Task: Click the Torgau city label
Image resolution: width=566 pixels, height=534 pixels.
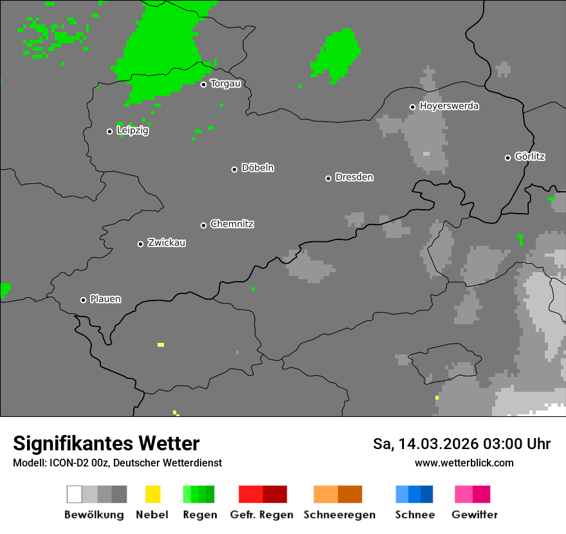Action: coord(225,84)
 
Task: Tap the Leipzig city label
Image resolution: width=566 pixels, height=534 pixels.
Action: coord(132,131)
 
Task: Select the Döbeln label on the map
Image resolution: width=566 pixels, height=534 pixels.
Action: coord(257,168)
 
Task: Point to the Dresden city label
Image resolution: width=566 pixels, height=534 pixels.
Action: coord(354,177)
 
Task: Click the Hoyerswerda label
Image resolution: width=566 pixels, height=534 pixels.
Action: coord(449,106)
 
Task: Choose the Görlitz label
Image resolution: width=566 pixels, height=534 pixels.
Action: coord(530,156)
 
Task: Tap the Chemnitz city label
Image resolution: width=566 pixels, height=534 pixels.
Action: coord(232,224)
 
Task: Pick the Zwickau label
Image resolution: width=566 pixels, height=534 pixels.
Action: coord(167,243)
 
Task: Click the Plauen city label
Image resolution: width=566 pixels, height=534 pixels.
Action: coord(105,299)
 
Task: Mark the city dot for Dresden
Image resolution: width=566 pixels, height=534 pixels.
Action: coord(328,178)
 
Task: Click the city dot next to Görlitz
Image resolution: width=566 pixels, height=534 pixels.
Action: coord(507,158)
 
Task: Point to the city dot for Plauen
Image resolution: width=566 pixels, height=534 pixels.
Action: coord(83,300)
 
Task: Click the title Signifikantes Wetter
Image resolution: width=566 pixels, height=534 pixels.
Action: coord(106,443)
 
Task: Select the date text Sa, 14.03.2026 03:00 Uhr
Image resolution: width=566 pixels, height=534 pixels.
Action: coord(462,444)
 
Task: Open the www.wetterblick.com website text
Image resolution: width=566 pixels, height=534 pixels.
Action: coord(464,463)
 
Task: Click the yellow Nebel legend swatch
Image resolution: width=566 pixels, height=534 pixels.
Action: coord(152,494)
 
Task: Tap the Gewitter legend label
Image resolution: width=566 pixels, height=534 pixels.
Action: coord(475,515)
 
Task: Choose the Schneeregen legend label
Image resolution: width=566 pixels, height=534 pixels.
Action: coord(339,515)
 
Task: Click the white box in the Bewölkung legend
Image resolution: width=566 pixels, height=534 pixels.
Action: coord(74,494)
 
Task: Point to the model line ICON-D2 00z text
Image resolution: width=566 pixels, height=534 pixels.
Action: coord(117,463)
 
